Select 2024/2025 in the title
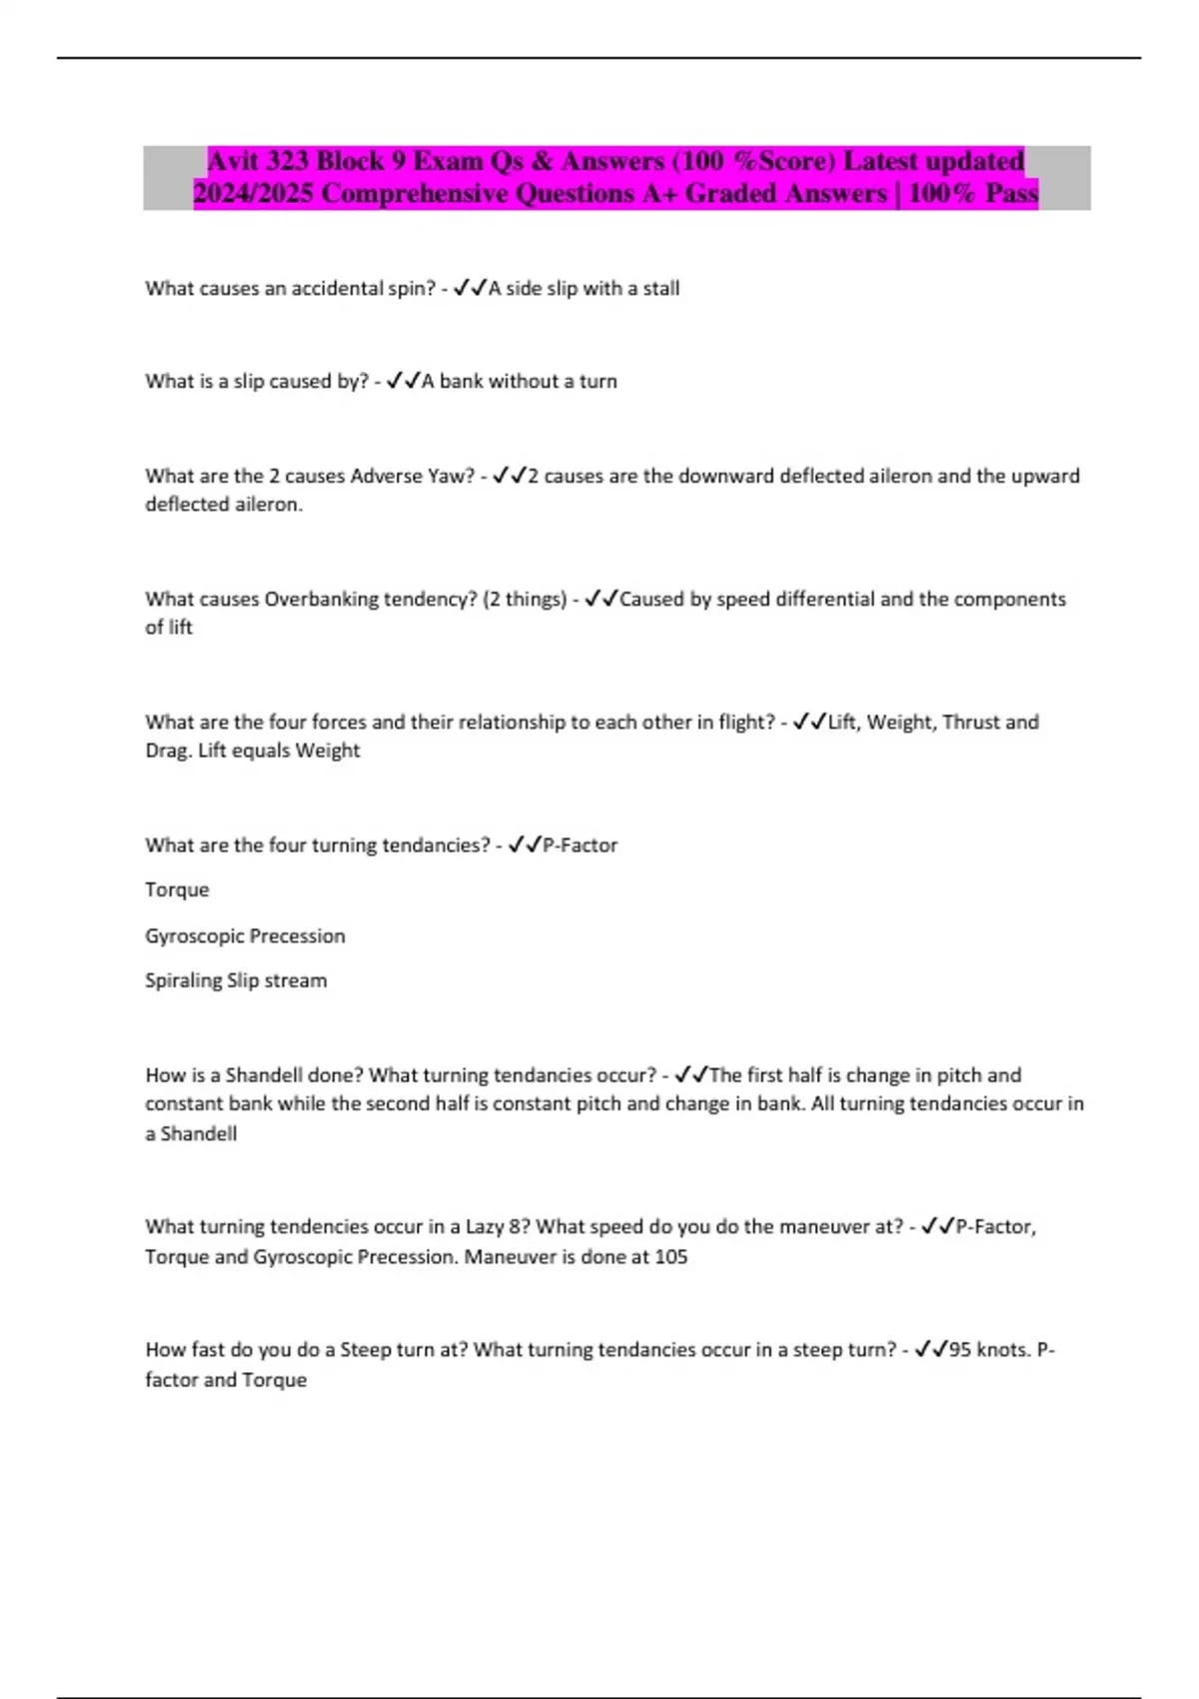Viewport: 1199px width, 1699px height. tap(253, 193)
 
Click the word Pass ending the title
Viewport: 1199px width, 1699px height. tap(1011, 193)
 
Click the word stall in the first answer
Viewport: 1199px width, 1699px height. tap(660, 288)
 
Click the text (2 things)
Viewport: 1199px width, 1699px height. tap(525, 599)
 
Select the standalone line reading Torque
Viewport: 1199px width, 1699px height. tap(177, 889)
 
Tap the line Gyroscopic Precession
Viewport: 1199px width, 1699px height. tap(245, 935)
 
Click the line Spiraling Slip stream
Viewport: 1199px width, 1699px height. tap(236, 980)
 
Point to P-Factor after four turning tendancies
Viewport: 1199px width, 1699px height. tap(580, 846)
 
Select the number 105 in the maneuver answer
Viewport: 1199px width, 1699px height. tap(670, 1256)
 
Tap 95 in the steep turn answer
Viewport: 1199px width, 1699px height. tap(960, 1349)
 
